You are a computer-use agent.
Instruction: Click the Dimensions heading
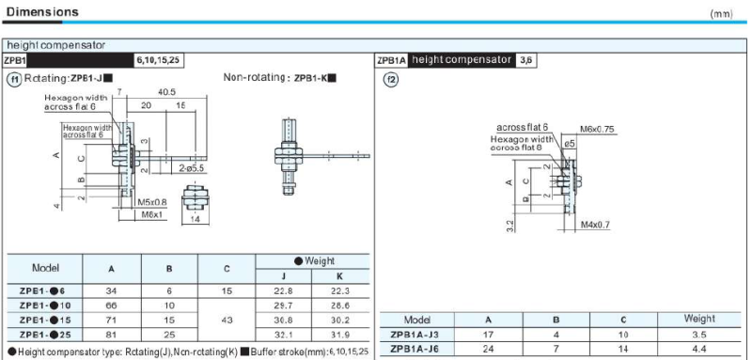[x=42, y=11]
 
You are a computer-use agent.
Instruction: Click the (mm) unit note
[x=721, y=14]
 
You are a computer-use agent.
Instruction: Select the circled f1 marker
[x=14, y=79]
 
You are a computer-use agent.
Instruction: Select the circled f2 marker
[x=392, y=80]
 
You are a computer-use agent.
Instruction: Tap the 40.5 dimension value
[x=165, y=92]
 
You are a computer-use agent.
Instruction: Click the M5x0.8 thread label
[x=152, y=202]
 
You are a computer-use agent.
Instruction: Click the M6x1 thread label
[x=151, y=214]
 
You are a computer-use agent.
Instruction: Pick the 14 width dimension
[x=196, y=219]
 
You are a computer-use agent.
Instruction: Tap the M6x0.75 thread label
[x=597, y=129]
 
